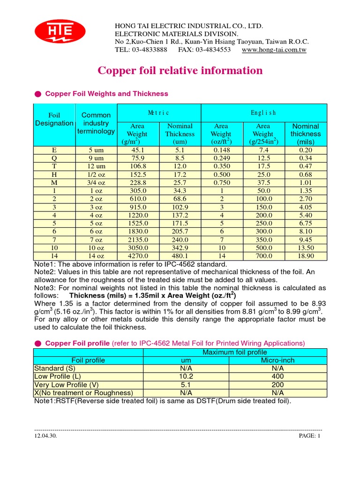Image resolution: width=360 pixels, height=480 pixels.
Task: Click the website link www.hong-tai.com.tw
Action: click(274, 50)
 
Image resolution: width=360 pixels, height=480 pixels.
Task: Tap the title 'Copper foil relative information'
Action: click(180, 71)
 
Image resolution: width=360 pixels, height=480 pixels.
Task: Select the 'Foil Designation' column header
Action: click(54, 119)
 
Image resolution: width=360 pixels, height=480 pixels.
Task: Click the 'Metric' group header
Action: click(158, 113)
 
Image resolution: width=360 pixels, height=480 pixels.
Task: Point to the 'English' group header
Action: click(263, 113)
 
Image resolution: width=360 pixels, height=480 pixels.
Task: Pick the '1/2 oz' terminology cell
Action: click(96, 175)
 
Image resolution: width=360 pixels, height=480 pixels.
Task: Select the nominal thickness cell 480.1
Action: click(180, 256)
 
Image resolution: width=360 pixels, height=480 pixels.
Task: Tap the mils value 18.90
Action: click(306, 256)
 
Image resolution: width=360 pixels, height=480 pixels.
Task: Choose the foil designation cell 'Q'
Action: click(54, 158)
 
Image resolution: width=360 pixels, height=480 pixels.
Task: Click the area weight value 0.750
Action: click(222, 183)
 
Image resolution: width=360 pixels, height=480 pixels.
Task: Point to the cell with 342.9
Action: click(180, 248)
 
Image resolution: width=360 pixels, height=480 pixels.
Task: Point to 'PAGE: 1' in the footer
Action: click(309, 436)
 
